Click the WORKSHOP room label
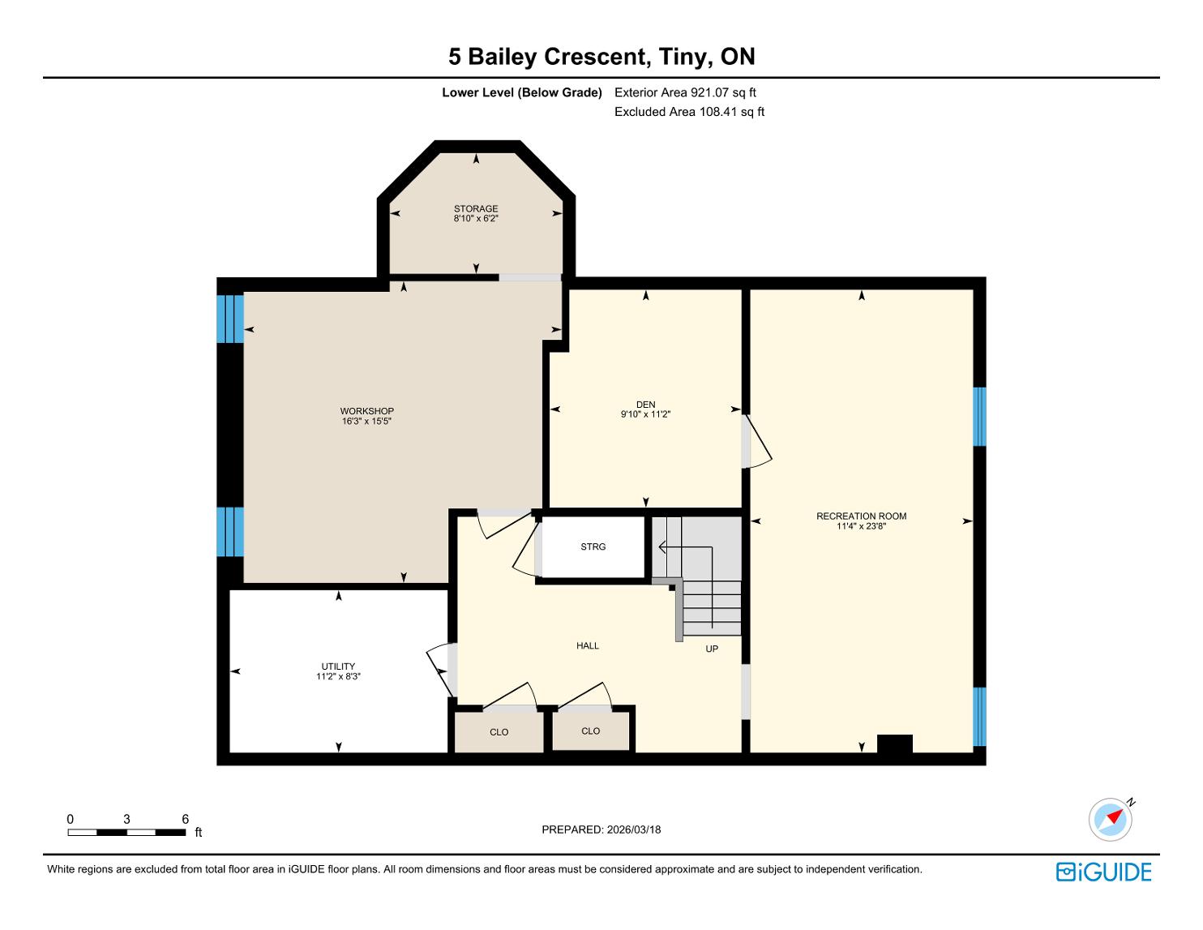[366, 411]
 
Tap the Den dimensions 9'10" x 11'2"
[645, 414]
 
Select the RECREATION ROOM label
[862, 516]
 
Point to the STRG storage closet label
[593, 546]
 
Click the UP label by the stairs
[712, 648]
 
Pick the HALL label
[588, 645]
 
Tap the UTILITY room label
[338, 666]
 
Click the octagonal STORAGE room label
[476, 208]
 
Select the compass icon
[1111, 819]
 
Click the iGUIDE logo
[1104, 872]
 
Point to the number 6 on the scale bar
[186, 819]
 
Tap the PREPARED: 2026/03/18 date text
[601, 829]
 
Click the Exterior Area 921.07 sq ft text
[685, 92]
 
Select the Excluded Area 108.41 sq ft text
[689, 112]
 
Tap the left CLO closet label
[499, 732]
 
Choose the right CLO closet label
[591, 731]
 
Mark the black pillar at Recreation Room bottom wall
[895, 744]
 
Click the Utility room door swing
[441, 669]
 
